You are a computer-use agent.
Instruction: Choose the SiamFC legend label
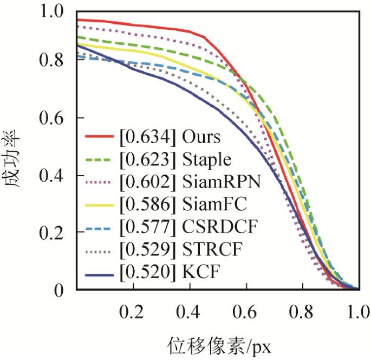tap(213, 206)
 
